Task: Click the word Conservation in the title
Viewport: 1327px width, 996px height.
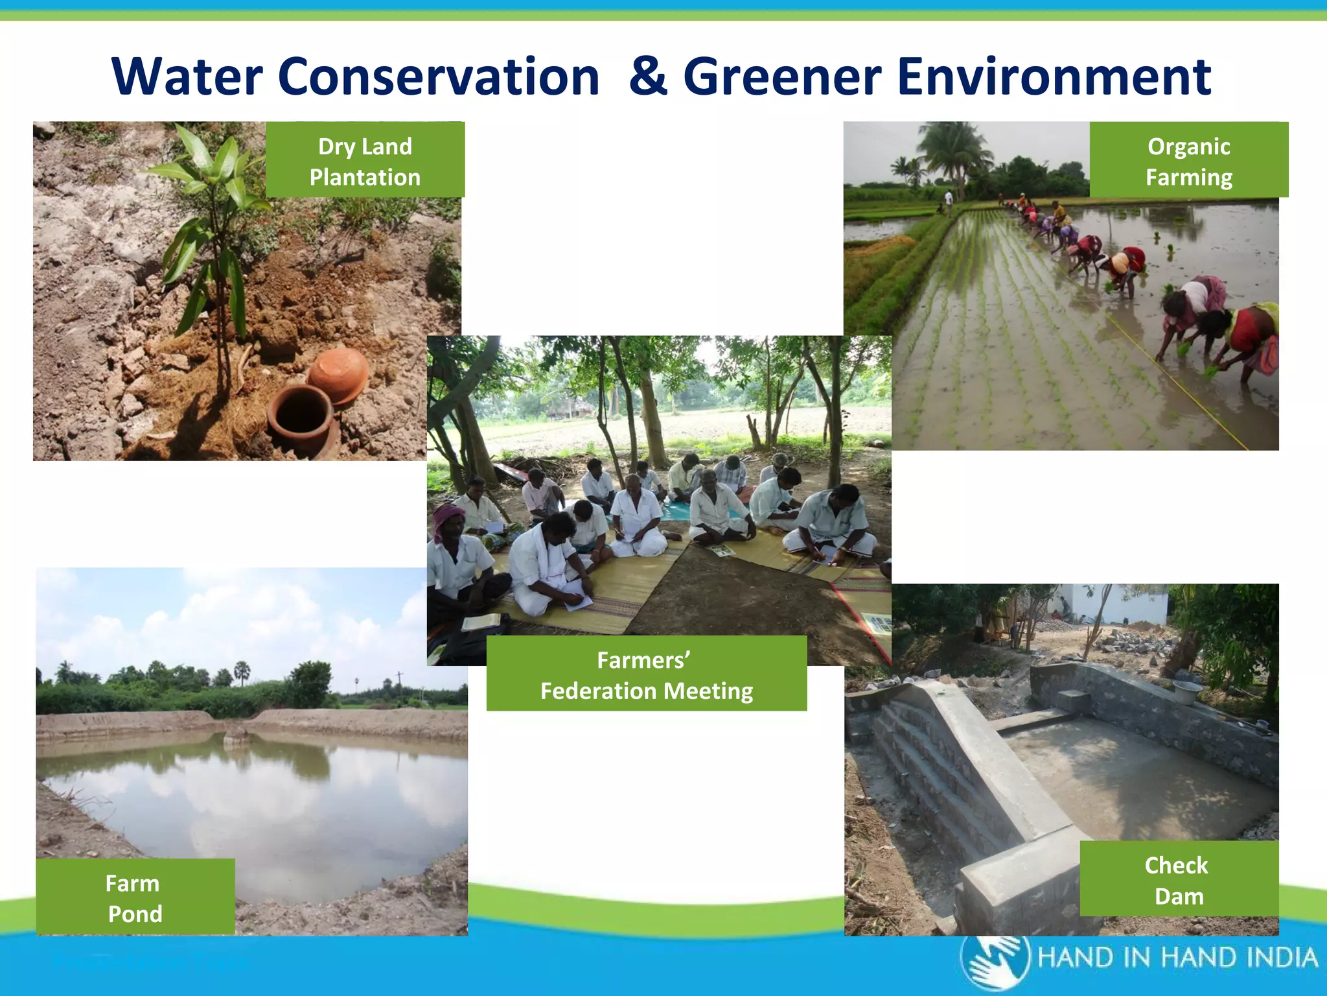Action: [x=439, y=77]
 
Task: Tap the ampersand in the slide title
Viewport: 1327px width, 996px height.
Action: [x=648, y=77]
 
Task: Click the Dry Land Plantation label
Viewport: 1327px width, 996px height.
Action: [x=365, y=160]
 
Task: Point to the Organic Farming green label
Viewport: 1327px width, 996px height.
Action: [x=1188, y=160]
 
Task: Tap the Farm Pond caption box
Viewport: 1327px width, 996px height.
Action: [x=135, y=897]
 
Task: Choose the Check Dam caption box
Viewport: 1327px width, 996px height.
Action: [x=1179, y=879]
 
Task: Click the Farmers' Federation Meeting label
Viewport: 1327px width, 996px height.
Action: [x=646, y=674]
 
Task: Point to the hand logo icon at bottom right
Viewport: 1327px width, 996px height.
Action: [x=995, y=962]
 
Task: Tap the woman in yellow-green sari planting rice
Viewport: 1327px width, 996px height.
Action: [x=1251, y=337]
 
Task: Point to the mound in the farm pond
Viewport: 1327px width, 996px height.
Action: [x=236, y=735]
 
